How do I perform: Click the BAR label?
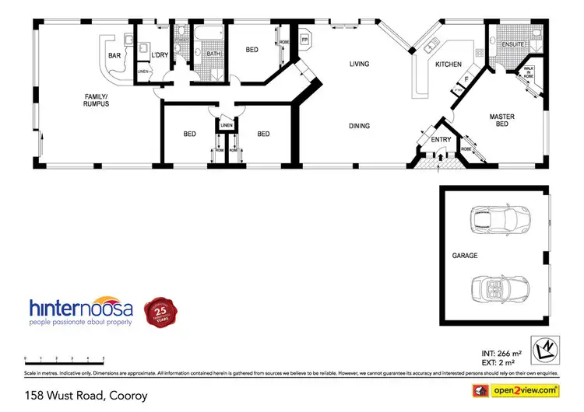coord(114,56)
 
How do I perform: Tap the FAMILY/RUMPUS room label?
coord(97,100)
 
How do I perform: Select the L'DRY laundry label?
coord(160,54)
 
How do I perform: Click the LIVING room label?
coord(359,64)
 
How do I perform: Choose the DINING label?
coord(359,125)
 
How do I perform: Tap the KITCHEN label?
coord(448,64)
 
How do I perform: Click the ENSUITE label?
coord(512,44)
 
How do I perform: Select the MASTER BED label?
coord(502,120)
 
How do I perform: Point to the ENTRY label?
coord(441,140)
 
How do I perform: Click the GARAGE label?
coord(464,255)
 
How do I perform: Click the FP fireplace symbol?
coord(304,39)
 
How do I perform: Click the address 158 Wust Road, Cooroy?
coord(86,395)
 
